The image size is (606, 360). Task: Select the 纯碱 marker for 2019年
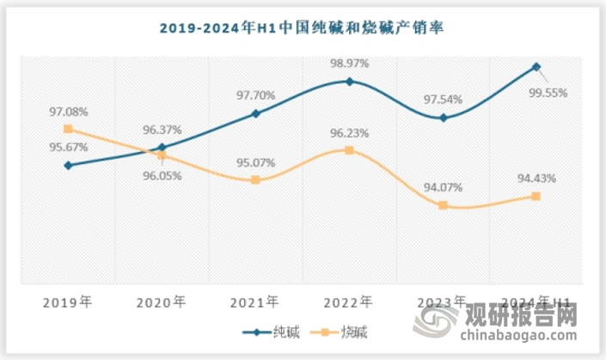pyautogui.click(x=68, y=165)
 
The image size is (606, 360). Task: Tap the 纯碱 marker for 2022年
pyautogui.click(x=349, y=82)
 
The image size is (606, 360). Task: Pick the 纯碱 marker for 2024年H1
pyautogui.click(x=536, y=66)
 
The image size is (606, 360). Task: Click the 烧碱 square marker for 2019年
pyautogui.click(x=68, y=129)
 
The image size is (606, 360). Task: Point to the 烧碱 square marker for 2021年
pyautogui.click(x=255, y=180)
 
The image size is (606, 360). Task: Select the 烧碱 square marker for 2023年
pyautogui.click(x=443, y=205)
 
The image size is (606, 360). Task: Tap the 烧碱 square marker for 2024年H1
pyautogui.click(x=536, y=197)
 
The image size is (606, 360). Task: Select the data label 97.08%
pyautogui.click(x=68, y=112)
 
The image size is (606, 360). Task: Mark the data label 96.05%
pyautogui.click(x=162, y=173)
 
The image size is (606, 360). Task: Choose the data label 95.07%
pyautogui.click(x=255, y=162)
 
